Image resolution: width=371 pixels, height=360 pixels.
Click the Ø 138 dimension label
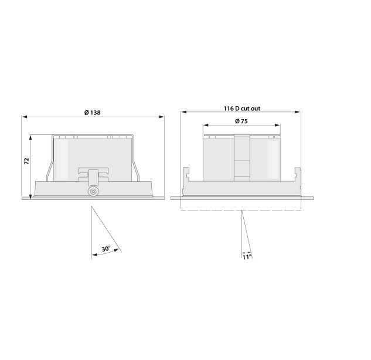92,113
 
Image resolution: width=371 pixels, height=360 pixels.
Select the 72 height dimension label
27,161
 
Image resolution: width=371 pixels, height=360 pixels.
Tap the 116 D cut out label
242,108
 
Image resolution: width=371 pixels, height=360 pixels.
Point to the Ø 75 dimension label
241,121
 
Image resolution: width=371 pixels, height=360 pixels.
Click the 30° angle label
106,249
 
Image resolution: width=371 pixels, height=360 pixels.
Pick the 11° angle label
247,257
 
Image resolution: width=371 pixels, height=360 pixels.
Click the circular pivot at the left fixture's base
93,191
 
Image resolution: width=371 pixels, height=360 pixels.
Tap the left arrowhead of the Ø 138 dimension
25,117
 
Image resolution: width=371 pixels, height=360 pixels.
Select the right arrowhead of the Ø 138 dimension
162,117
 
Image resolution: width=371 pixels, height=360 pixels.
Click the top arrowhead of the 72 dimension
30,138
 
